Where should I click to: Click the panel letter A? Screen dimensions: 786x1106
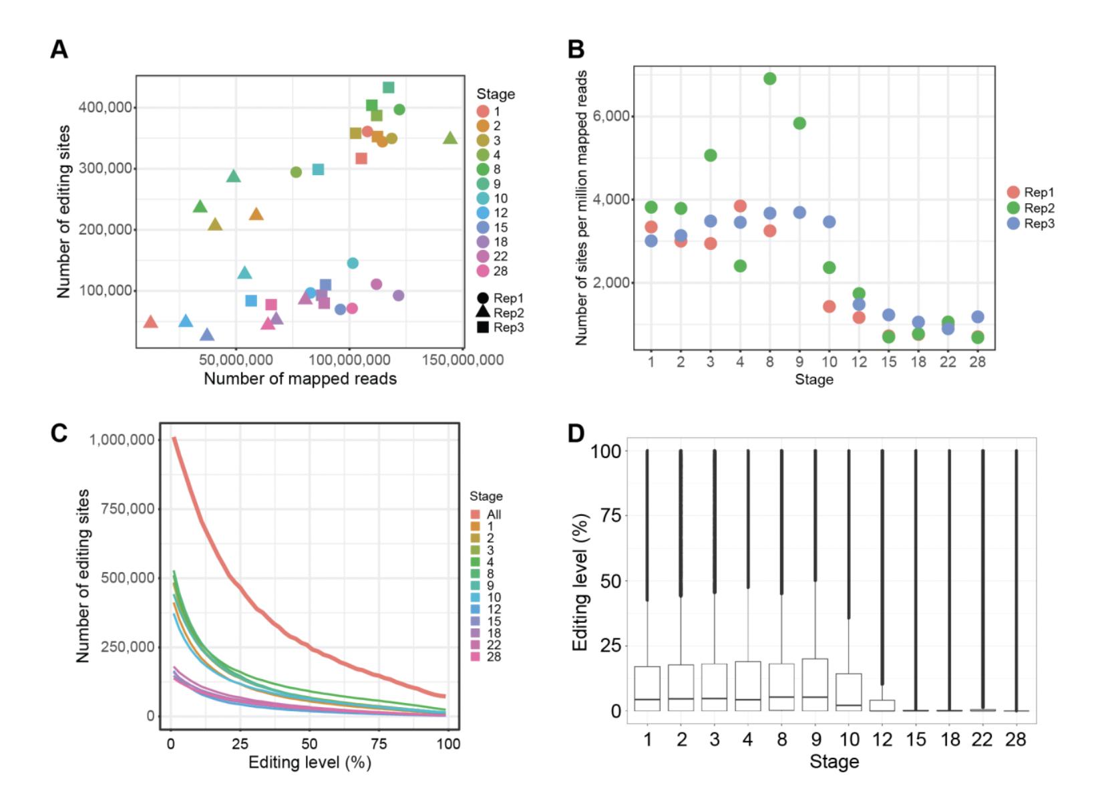pyautogui.click(x=59, y=49)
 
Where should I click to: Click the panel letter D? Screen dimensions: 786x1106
pyautogui.click(x=576, y=434)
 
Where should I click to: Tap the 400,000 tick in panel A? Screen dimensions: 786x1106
pyautogui.click(x=105, y=108)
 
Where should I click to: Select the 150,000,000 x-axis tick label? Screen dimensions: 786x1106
pyautogui.click(x=463, y=360)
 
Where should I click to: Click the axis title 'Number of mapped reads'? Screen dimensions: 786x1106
pyautogui.click(x=300, y=379)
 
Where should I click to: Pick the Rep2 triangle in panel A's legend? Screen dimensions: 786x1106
pyautogui.click(x=482, y=313)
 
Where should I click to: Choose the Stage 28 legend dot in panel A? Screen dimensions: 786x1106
pyautogui.click(x=483, y=271)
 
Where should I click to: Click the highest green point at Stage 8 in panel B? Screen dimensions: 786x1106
pyautogui.click(x=769, y=79)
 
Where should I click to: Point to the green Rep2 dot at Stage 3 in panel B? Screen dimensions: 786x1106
pyautogui.click(x=711, y=155)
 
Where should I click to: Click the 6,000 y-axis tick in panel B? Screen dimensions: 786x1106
pyautogui.click(x=610, y=116)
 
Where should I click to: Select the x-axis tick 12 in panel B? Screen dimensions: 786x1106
pyautogui.click(x=859, y=362)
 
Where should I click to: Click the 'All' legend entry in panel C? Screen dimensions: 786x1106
pyautogui.click(x=486, y=515)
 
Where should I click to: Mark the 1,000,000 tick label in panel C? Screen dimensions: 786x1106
pyautogui.click(x=122, y=440)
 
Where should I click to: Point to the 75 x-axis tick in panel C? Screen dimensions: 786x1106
pyautogui.click(x=379, y=744)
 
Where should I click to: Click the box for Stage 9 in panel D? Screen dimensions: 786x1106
pyautogui.click(x=815, y=685)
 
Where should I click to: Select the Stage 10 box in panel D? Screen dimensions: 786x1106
pyautogui.click(x=849, y=692)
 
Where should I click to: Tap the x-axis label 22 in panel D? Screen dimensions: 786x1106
pyautogui.click(x=982, y=740)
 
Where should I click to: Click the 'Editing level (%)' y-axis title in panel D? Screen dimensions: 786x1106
pyautogui.click(x=580, y=582)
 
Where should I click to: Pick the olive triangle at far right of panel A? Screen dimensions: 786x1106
pyautogui.click(x=450, y=138)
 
